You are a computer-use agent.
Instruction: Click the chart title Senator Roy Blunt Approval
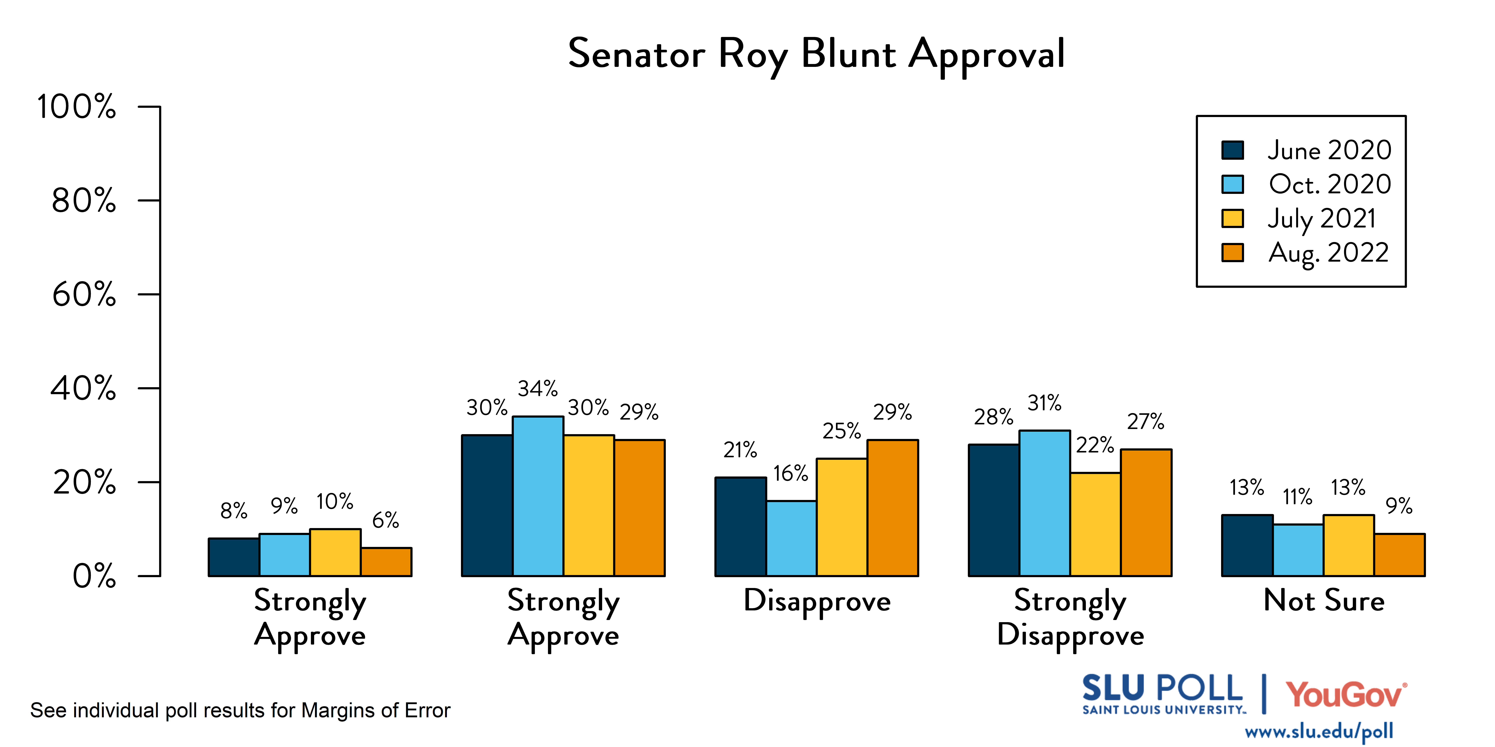[816, 54]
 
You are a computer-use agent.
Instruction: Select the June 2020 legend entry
[1329, 150]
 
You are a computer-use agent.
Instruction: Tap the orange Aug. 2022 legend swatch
[1232, 253]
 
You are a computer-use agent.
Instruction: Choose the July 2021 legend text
[1321, 219]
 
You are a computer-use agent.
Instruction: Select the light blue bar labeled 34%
[538, 496]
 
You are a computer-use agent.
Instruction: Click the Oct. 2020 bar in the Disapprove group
[791, 538]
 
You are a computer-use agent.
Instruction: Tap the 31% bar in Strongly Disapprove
[1045, 503]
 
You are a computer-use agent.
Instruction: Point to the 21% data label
[740, 450]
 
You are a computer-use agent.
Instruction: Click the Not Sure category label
[1324, 601]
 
